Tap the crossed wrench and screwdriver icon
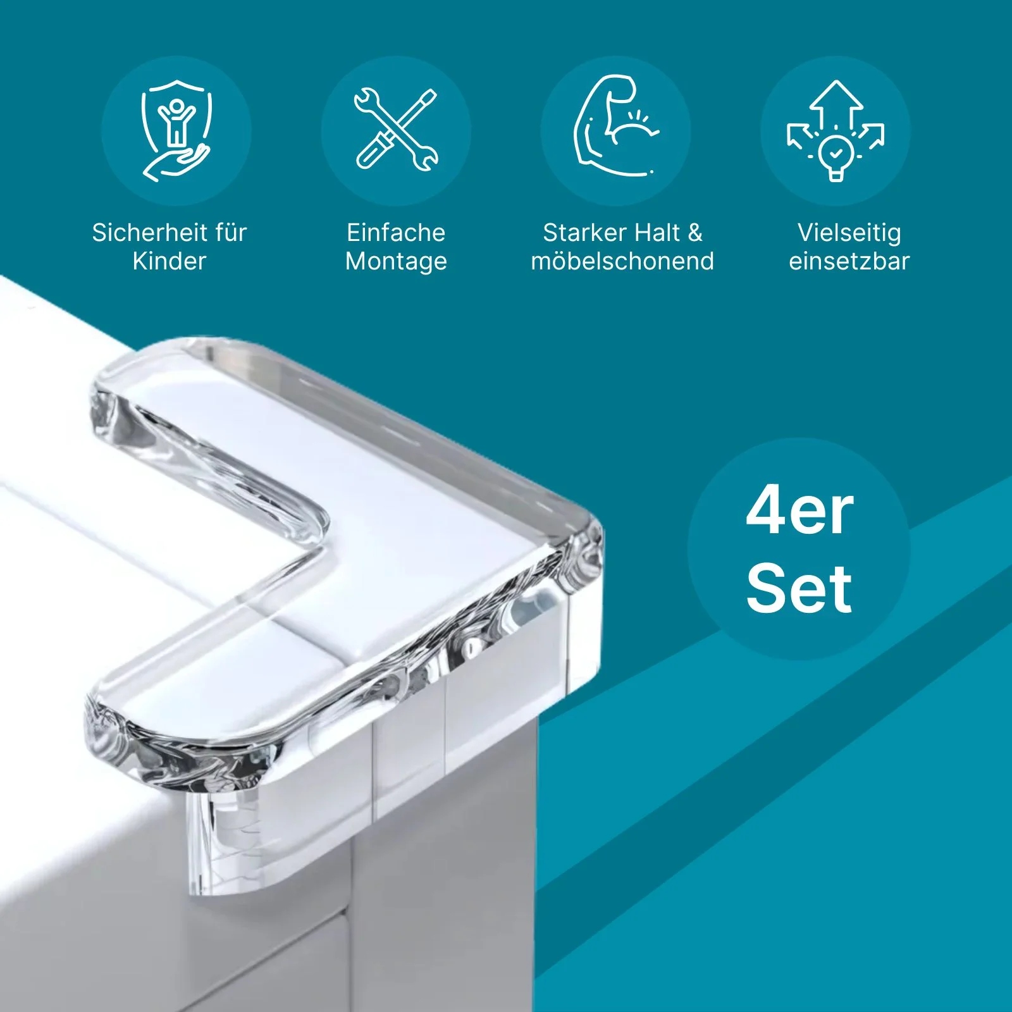click(396, 130)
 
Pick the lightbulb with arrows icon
click(836, 130)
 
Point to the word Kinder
click(170, 261)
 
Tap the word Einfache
click(396, 232)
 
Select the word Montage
click(396, 262)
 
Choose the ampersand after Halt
click(695, 232)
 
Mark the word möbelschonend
click(622, 261)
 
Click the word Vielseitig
click(849, 233)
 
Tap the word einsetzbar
click(849, 261)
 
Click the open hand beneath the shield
click(176, 163)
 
